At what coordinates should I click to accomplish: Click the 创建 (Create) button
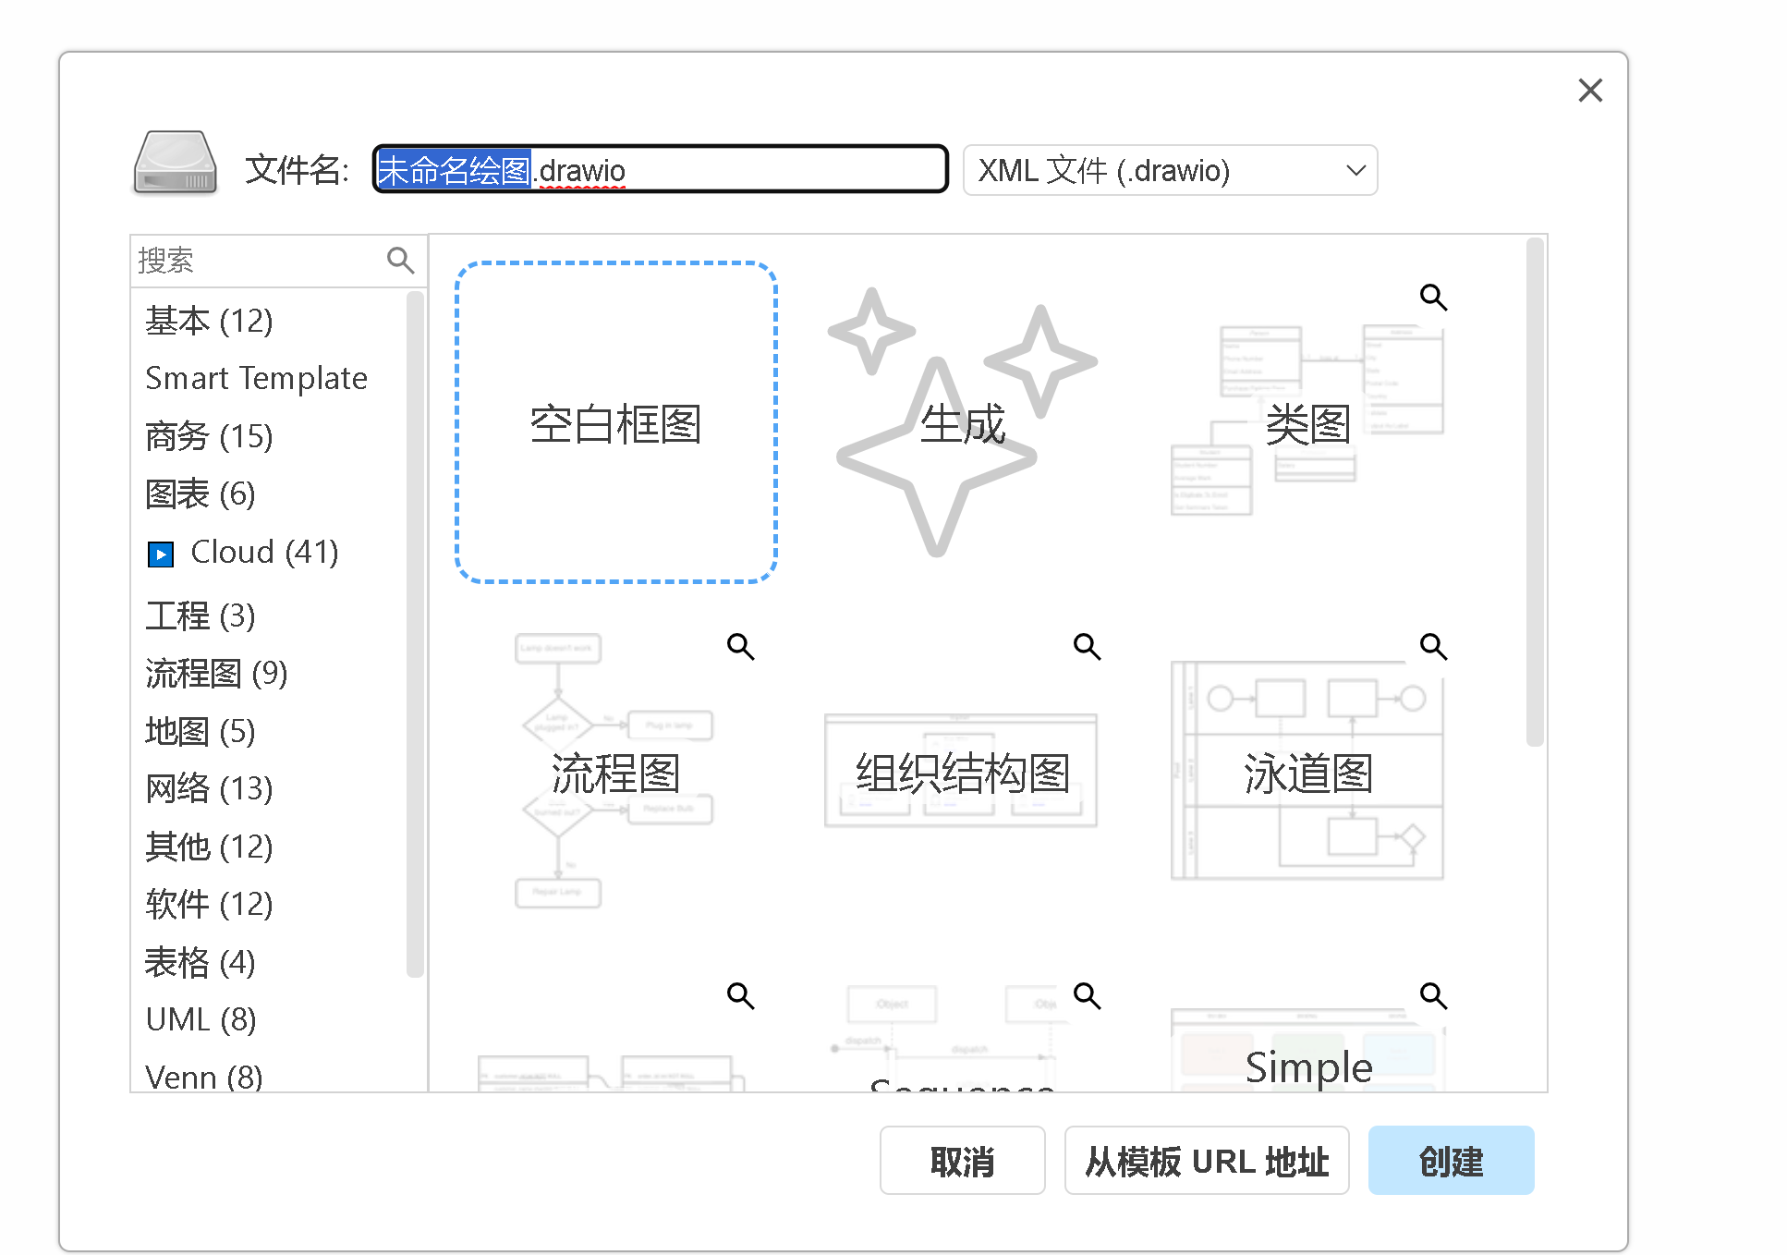click(1450, 1160)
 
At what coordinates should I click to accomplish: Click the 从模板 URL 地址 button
click(1206, 1160)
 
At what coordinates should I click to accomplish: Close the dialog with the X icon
click(1589, 91)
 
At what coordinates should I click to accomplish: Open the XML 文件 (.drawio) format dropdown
click(1169, 170)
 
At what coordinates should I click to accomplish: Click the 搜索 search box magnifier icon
click(400, 261)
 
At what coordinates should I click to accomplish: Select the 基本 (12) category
click(209, 321)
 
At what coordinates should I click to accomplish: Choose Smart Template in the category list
click(256, 378)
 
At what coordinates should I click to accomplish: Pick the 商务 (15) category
click(209, 436)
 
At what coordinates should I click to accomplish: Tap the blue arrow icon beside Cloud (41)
click(161, 554)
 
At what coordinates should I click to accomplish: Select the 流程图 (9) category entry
click(216, 674)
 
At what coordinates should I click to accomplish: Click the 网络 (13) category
click(209, 788)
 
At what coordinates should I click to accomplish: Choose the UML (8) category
click(201, 1019)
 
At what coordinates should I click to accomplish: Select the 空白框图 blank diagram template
click(615, 423)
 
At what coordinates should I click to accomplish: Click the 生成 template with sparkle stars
click(961, 423)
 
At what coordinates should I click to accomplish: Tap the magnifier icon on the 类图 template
click(1433, 297)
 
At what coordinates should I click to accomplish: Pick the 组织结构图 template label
click(961, 773)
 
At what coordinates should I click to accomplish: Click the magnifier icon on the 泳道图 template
click(1433, 646)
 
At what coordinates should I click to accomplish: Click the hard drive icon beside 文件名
click(176, 163)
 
